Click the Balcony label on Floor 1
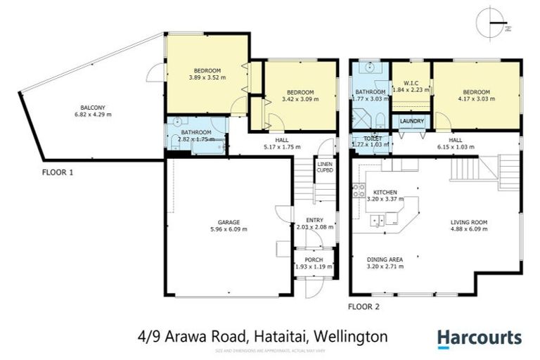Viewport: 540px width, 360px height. click(x=92, y=106)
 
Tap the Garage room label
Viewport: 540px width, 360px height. click(x=228, y=221)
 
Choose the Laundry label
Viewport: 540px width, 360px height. click(x=410, y=122)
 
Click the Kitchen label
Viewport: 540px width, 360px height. click(x=385, y=192)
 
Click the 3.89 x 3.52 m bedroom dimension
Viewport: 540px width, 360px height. click(x=208, y=78)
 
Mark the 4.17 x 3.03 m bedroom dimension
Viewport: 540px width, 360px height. click(x=476, y=99)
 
